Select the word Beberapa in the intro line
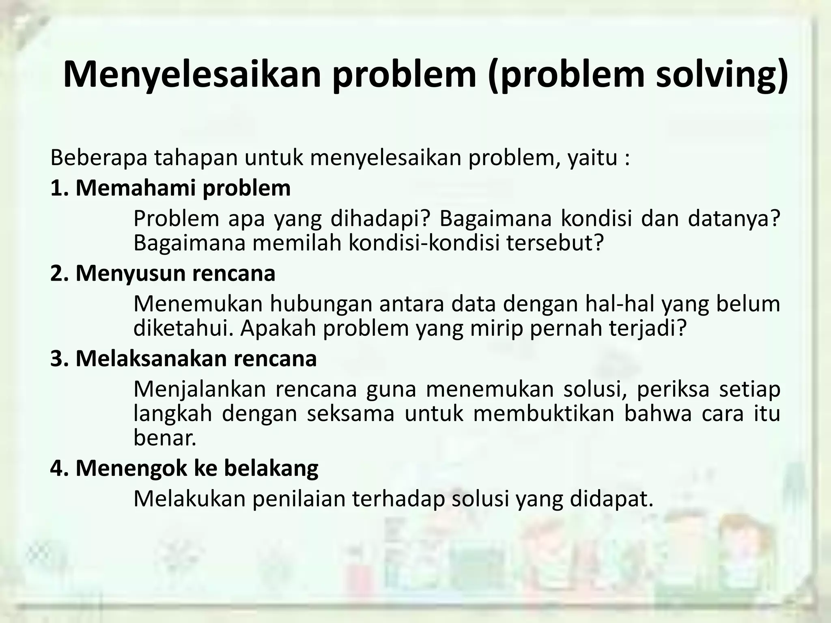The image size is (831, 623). [99, 158]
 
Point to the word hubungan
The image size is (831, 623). [321, 305]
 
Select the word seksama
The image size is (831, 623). [350, 414]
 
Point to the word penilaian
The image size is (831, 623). [299, 499]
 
